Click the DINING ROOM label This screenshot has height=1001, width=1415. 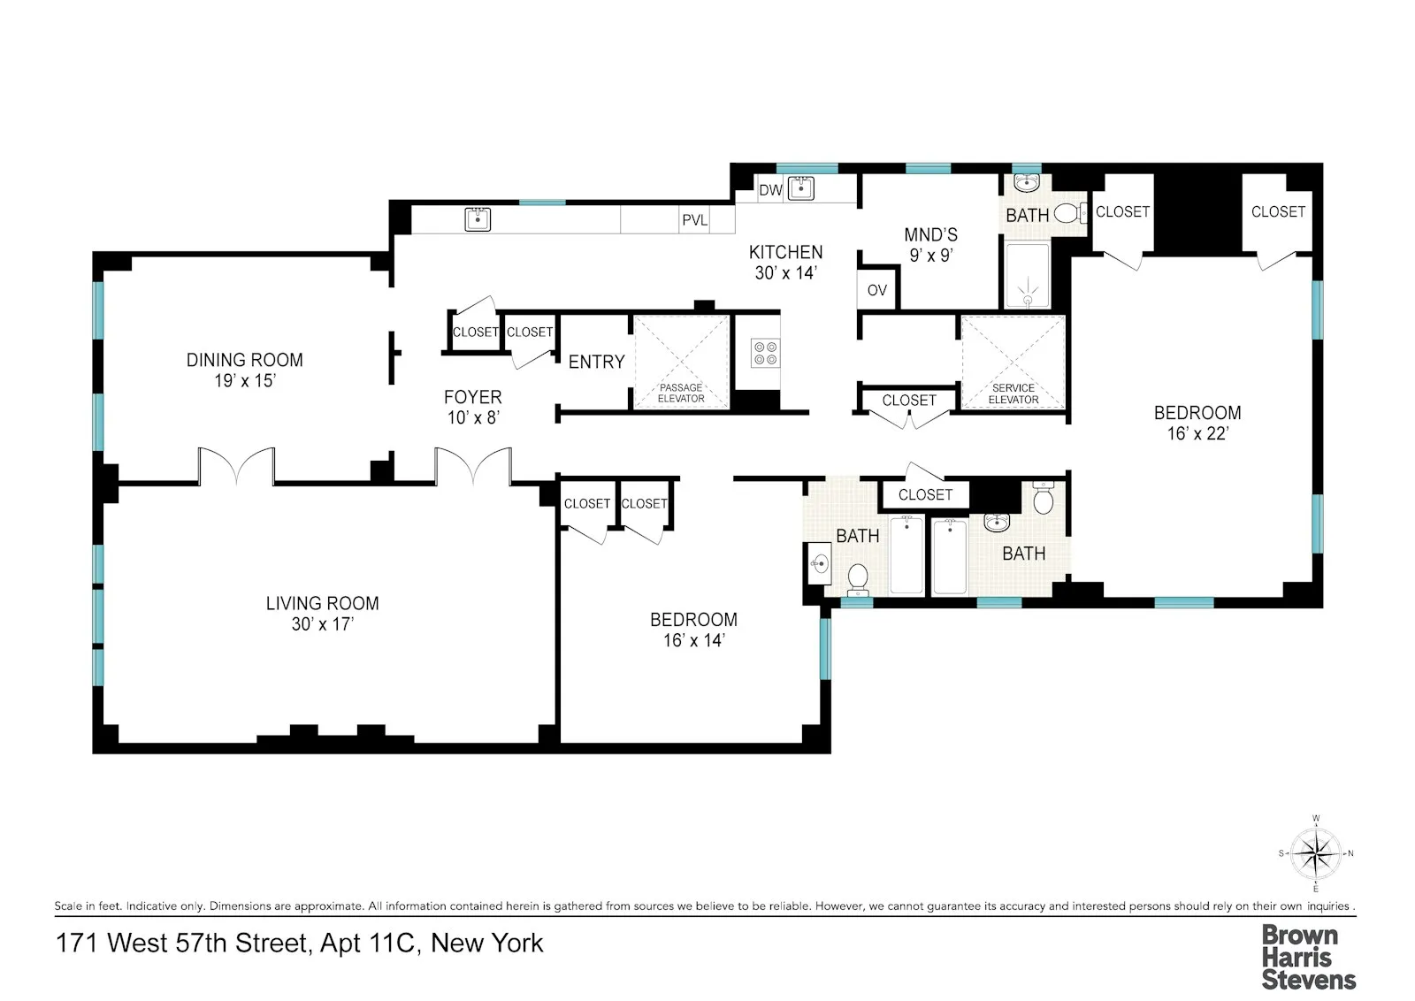click(244, 360)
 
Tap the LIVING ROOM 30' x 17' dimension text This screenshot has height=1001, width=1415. click(322, 624)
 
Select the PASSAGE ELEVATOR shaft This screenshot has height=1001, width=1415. click(682, 362)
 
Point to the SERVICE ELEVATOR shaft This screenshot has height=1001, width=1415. click(1013, 362)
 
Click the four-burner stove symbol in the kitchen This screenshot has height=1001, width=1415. click(765, 353)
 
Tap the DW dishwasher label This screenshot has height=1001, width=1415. click(770, 190)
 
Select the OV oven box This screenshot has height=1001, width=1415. click(877, 290)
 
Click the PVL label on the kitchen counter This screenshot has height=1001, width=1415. click(694, 220)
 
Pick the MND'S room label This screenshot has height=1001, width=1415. click(930, 235)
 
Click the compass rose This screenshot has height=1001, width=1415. click(1316, 854)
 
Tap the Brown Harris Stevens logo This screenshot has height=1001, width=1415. click(1308, 957)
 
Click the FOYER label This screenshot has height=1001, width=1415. click(472, 398)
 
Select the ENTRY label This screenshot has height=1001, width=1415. click(596, 362)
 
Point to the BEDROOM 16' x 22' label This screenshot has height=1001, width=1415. click(1197, 423)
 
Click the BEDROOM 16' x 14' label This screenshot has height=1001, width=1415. click(693, 630)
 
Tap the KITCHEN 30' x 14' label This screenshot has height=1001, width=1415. click(785, 263)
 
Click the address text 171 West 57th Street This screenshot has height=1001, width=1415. click(299, 944)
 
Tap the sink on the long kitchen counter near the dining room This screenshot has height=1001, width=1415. click(478, 218)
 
